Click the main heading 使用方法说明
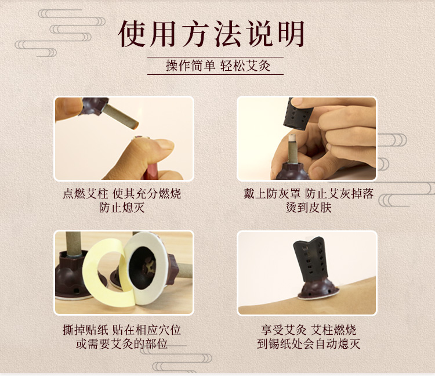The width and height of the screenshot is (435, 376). pyautogui.click(x=212, y=34)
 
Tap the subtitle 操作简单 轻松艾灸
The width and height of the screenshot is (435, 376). pyautogui.click(x=218, y=66)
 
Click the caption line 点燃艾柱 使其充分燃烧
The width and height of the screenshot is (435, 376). pyautogui.click(x=122, y=193)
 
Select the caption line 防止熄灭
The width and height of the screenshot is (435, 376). pyautogui.click(x=122, y=208)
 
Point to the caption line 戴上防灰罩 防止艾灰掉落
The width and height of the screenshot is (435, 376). pyautogui.click(x=309, y=193)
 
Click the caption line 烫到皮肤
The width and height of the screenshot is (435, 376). pyautogui.click(x=309, y=208)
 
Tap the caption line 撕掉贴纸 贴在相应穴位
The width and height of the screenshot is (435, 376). pyautogui.click(x=122, y=330)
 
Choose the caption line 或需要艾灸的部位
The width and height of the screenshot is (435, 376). pyautogui.click(x=122, y=344)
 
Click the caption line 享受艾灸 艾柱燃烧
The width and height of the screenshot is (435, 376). pyautogui.click(x=309, y=330)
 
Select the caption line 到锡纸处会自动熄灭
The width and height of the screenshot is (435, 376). pyautogui.click(x=309, y=344)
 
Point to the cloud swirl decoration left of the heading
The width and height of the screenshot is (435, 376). pyautogui.click(x=60, y=32)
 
